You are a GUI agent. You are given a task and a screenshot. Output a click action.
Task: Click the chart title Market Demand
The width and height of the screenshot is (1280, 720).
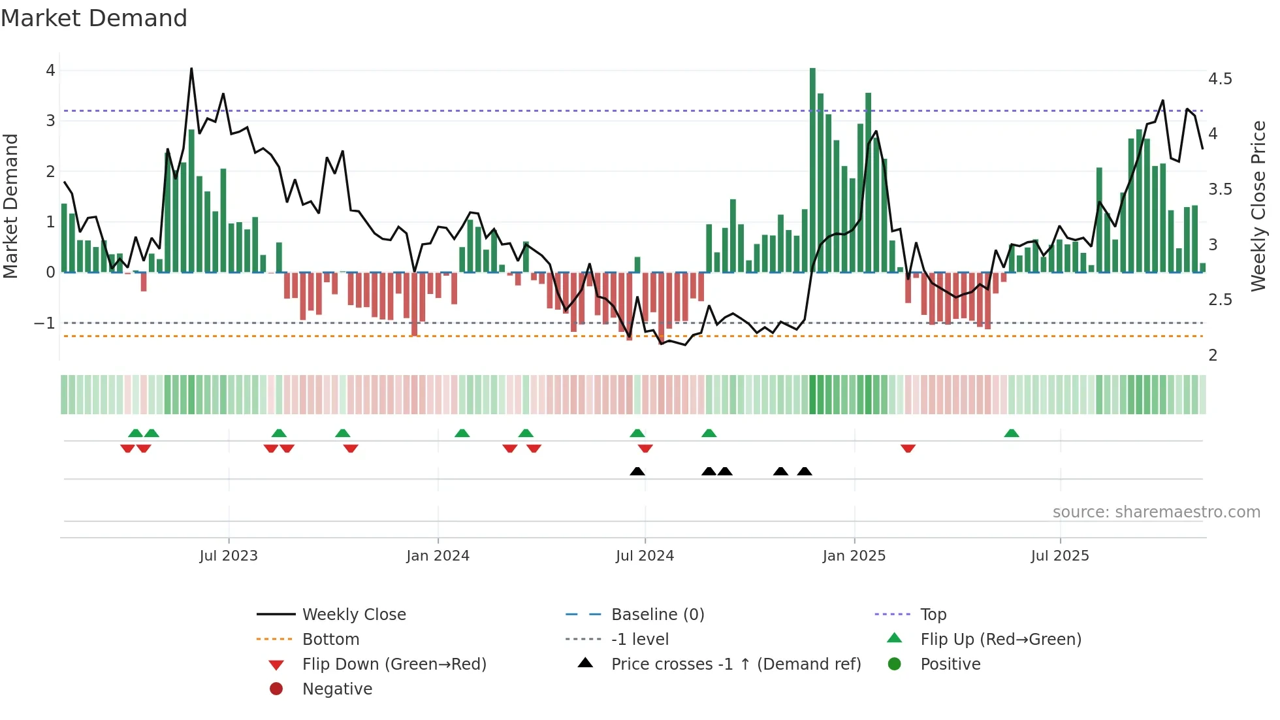point(94,18)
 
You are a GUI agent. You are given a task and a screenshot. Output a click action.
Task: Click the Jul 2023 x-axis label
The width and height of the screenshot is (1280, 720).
point(229,556)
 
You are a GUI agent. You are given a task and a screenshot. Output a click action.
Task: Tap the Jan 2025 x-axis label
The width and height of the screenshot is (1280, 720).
point(854,556)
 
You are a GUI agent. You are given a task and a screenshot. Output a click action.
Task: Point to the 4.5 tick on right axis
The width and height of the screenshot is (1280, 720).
point(1220,79)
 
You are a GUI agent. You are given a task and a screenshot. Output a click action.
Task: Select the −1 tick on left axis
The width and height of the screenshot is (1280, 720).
point(44,323)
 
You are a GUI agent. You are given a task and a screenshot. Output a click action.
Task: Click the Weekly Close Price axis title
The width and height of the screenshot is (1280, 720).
point(1258,206)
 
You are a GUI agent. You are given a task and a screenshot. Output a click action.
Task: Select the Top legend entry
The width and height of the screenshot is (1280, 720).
point(933,615)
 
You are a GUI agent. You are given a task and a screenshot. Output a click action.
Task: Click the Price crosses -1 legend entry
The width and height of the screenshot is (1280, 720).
point(735,664)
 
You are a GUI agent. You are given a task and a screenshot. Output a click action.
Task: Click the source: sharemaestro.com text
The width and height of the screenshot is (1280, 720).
point(1156,512)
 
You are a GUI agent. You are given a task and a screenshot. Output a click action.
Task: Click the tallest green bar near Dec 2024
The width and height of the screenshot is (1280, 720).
point(812,170)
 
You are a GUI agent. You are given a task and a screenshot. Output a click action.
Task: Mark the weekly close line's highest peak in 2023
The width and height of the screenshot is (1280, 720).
point(191,68)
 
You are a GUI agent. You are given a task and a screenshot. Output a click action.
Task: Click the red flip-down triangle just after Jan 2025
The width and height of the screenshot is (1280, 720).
point(908,448)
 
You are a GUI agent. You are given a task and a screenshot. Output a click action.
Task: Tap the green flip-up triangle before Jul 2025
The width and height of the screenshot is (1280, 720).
point(1011,433)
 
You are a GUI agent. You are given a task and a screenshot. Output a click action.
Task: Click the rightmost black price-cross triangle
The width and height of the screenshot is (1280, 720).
point(805,471)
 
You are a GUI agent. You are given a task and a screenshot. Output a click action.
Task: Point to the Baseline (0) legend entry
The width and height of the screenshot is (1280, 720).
point(657,615)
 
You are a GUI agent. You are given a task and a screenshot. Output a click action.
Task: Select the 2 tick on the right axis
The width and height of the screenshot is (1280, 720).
point(1213,355)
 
